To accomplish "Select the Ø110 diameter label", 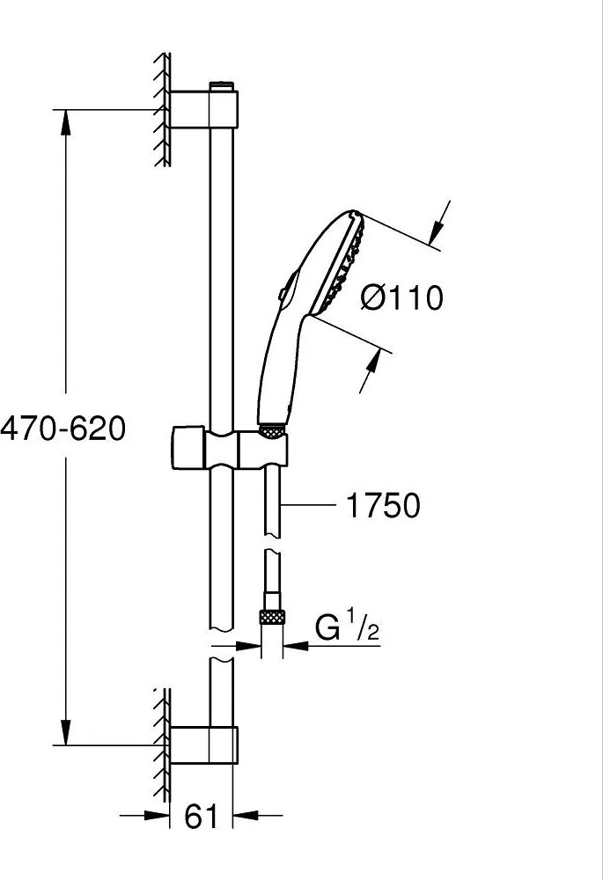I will tap(401, 298).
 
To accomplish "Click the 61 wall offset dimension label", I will tap(202, 817).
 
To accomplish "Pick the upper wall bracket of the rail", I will tap(205, 109).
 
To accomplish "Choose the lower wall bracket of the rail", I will tap(205, 744).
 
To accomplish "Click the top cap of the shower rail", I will tap(222, 86).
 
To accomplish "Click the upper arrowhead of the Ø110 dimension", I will tap(434, 233).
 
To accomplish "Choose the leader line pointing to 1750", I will tap(308, 505).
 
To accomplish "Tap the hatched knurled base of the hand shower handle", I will tap(273, 430).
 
